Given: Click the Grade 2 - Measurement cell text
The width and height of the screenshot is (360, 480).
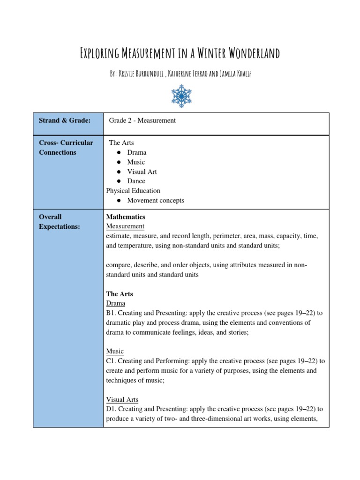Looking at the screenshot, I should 142,120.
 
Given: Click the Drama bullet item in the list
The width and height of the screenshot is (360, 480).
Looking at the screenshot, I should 136,152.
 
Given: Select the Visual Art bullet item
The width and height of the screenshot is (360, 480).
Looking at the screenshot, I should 142,172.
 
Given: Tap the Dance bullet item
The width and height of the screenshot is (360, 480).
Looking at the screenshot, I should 136,181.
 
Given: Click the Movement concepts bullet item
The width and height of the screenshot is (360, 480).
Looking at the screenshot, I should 156,200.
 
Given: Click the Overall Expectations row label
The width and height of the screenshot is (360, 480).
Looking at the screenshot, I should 60,222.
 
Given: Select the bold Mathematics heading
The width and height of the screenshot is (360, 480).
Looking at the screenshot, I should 126,217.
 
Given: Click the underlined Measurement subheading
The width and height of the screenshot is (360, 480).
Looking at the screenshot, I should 125,226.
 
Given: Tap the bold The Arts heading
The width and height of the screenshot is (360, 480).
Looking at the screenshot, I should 120,294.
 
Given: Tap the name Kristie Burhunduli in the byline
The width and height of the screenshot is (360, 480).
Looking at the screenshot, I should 141,75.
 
